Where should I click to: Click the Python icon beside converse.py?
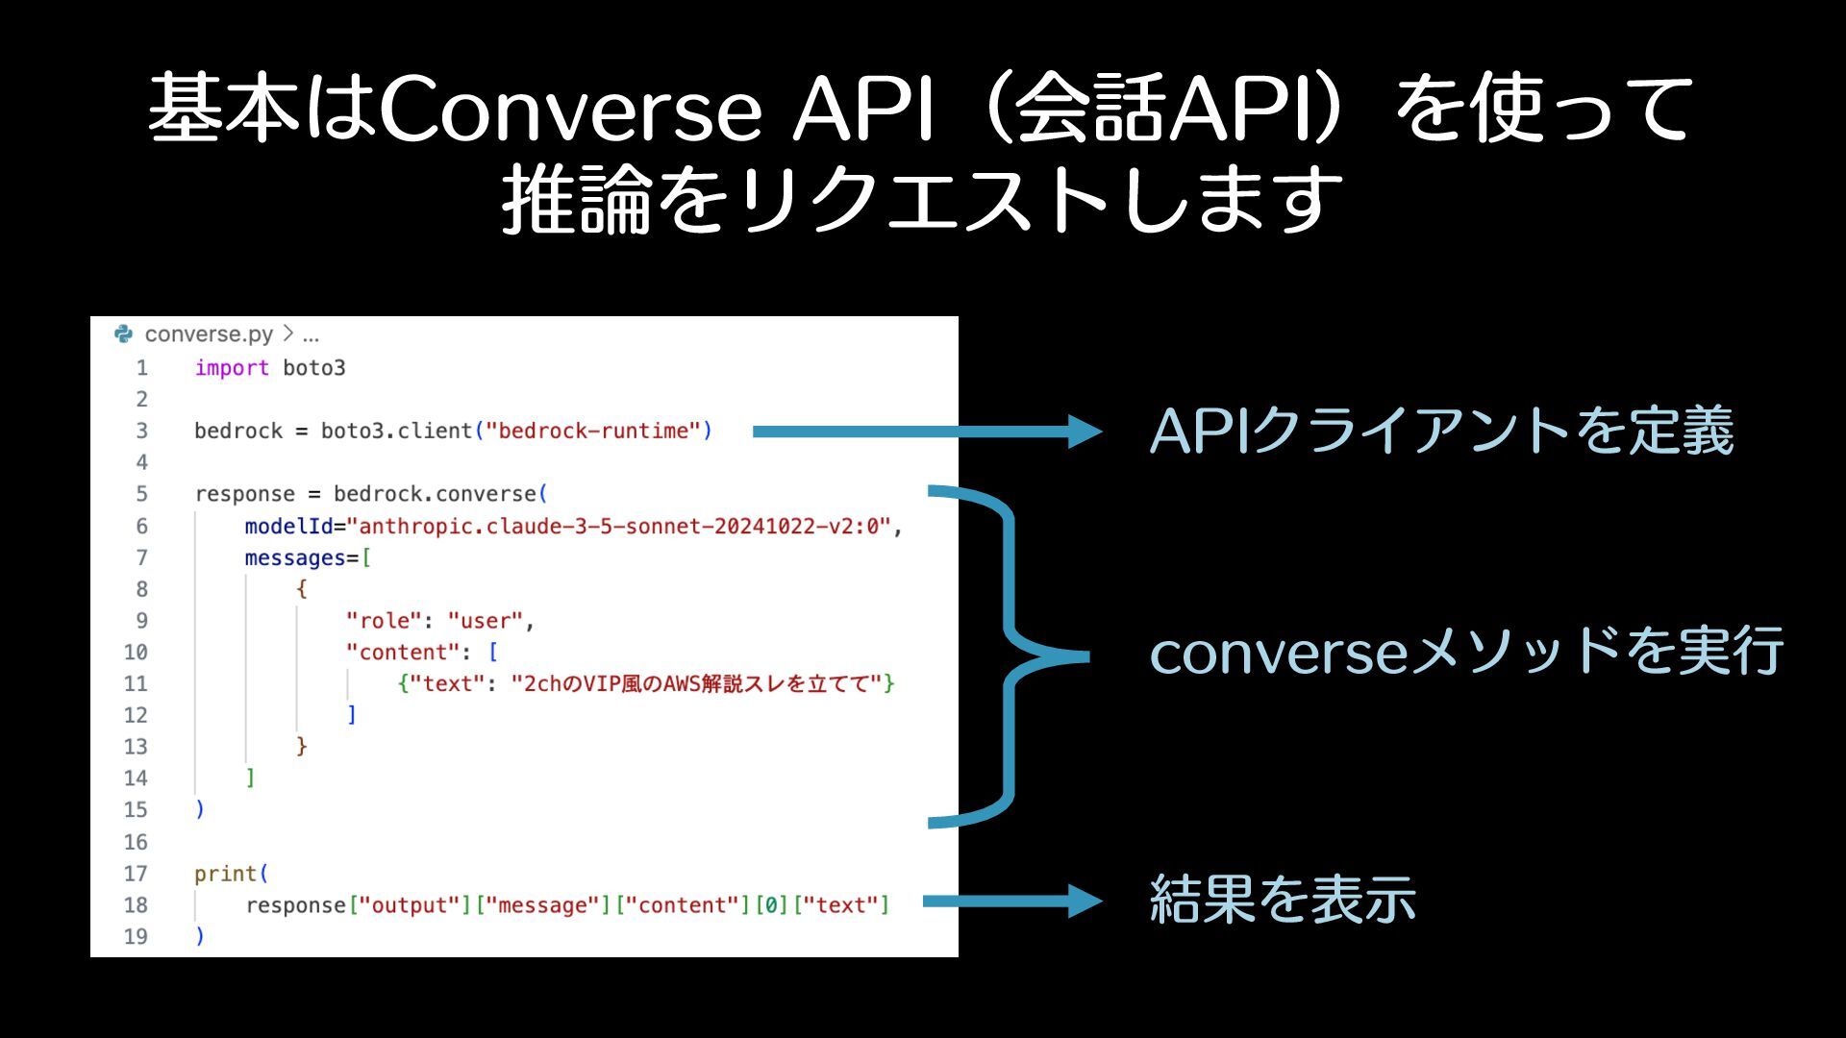pos(124,334)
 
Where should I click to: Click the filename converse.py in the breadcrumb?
pos(209,334)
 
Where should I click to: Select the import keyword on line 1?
pos(232,368)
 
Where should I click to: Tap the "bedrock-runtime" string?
pos(593,431)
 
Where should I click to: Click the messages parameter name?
pos(294,557)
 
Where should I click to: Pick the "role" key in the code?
pos(384,621)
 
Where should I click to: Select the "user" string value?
pos(486,621)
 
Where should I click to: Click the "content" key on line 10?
pos(403,652)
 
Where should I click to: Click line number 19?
pos(136,936)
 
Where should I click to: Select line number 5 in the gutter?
pos(141,494)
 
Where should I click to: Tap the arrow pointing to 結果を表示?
pos(1010,902)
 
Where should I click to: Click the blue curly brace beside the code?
pos(1010,657)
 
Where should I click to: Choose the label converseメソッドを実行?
pos(1465,651)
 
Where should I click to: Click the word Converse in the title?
pos(571,110)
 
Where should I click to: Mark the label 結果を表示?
pos(1283,900)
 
